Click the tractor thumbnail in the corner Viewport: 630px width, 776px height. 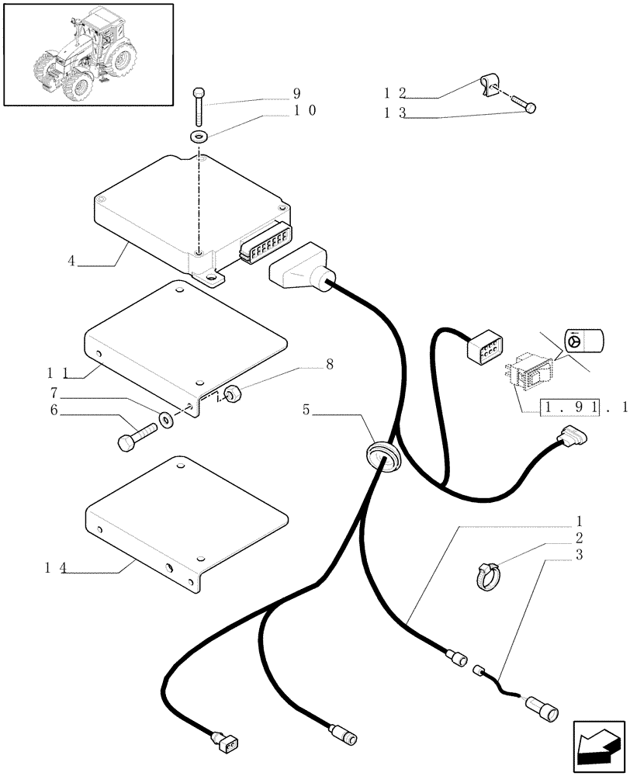pyautogui.click(x=87, y=54)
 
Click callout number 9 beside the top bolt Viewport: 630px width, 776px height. pyautogui.click(x=296, y=94)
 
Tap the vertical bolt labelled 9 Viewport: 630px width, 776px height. pyautogui.click(x=199, y=106)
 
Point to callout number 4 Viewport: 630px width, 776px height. pyautogui.click(x=71, y=261)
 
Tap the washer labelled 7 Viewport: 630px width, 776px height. pyautogui.click(x=166, y=421)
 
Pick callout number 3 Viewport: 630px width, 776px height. pyautogui.click(x=579, y=556)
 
